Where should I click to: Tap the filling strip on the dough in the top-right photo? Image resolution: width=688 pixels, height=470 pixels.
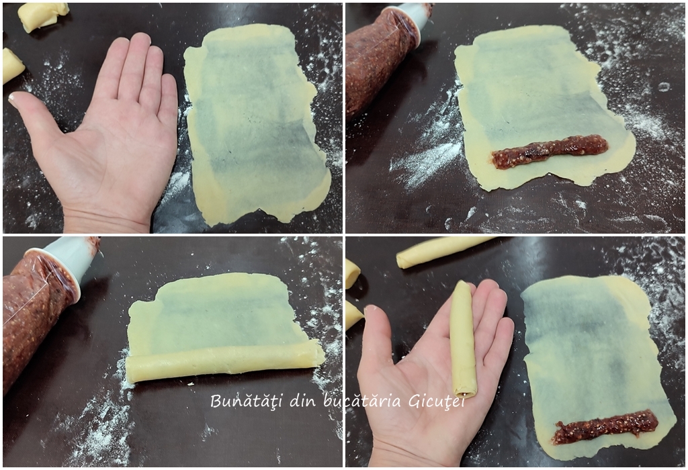pos(550,152)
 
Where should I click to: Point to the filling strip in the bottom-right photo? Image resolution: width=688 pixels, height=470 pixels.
pos(605,426)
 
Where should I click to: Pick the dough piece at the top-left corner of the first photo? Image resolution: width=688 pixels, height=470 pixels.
pos(42,16)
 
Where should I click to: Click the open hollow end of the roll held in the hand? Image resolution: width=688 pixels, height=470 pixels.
pos(465,390)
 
